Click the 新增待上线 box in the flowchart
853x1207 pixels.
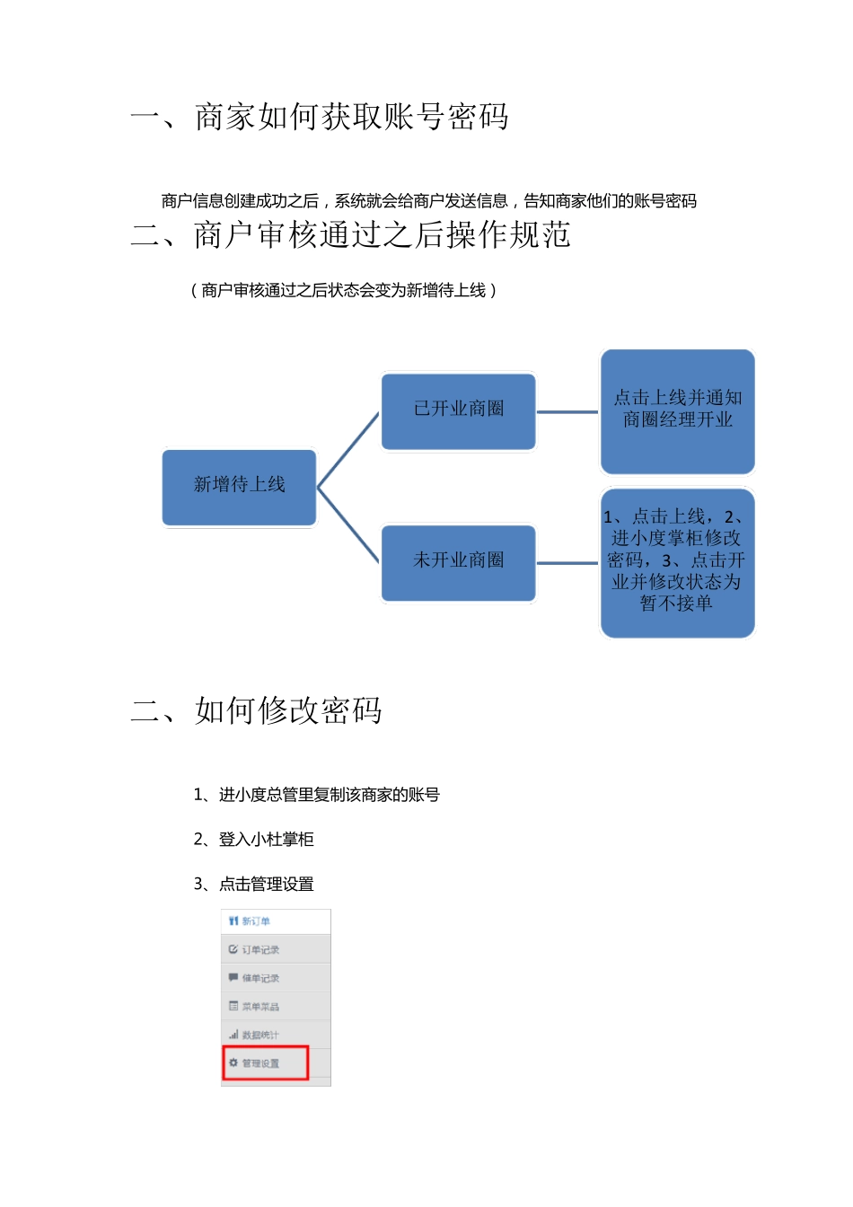239,486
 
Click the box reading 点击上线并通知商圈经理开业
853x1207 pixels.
677,410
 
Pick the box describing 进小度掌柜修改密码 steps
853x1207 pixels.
677,562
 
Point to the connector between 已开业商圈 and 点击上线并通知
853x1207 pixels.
567,412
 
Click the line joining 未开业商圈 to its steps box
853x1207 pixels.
567,563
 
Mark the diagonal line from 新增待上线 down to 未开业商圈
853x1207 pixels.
348,526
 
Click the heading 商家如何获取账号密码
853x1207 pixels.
351,117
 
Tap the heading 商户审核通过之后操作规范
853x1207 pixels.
382,235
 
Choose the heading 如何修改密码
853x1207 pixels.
288,710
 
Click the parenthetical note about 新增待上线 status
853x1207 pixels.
343,290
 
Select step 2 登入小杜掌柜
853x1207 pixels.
254,840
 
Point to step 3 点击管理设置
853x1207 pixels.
254,885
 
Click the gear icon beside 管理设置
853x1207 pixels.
233,1063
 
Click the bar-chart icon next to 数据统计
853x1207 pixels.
233,1035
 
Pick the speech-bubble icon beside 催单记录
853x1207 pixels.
233,978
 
